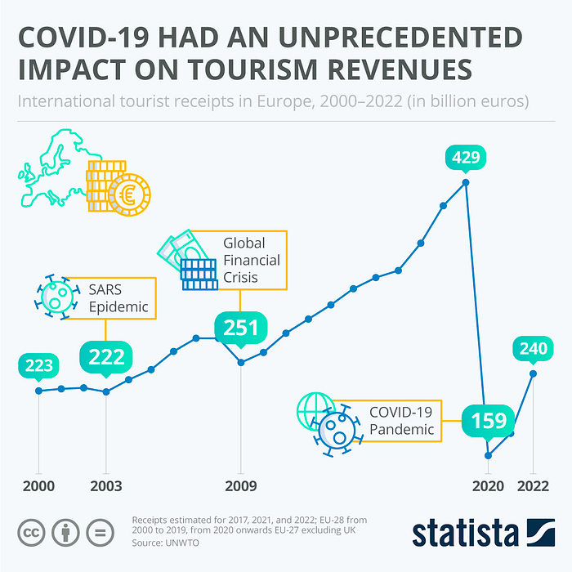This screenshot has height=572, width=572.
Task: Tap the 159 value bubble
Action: coord(488,421)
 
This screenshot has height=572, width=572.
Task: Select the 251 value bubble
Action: coord(241,329)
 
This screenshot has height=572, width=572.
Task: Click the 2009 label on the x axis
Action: coord(241,485)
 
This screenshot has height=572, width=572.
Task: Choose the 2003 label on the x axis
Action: coord(106,485)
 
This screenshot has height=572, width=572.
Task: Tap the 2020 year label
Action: coord(488,485)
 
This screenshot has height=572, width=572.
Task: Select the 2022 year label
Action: coord(533,485)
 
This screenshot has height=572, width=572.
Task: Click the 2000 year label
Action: coord(38,485)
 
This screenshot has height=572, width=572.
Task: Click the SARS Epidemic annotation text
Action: coord(118,298)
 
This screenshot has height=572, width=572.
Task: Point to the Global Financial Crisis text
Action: coord(252,260)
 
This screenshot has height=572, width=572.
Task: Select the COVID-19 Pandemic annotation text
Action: coord(401,421)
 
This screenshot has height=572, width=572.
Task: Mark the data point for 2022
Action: coord(533,374)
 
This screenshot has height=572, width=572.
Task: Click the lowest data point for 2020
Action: coord(488,456)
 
